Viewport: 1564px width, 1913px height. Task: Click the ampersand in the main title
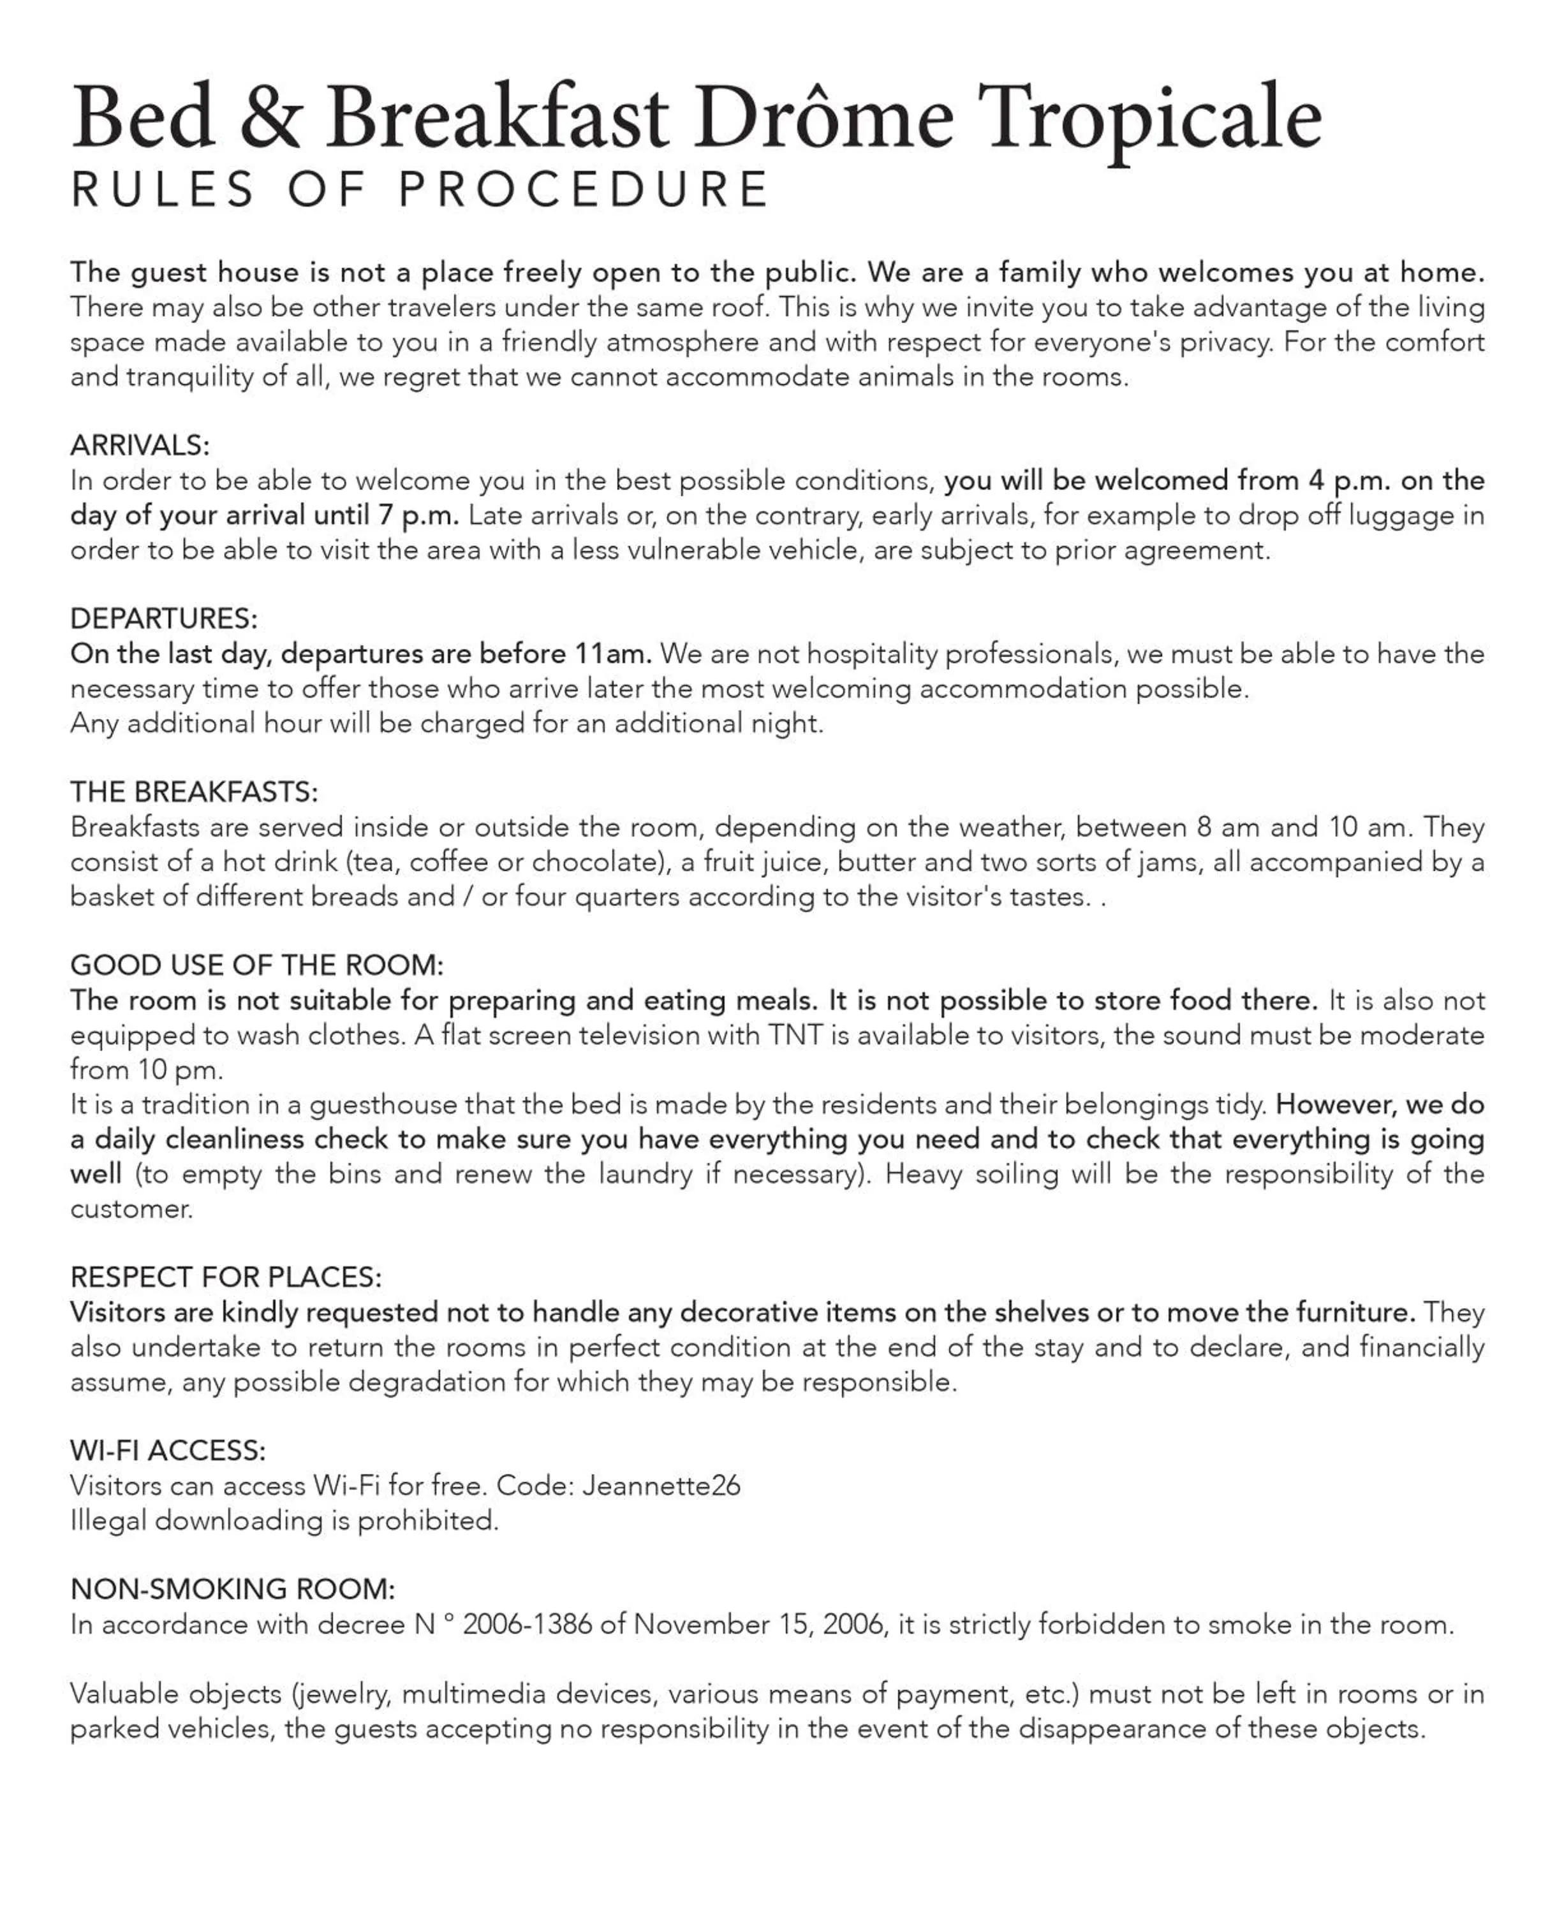tap(270, 118)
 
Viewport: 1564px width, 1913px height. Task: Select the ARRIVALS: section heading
tap(140, 445)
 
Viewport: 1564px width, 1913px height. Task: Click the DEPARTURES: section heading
tap(164, 619)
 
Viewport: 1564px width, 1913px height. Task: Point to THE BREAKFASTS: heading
tap(194, 792)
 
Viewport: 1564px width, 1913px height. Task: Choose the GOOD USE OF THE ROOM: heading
tap(257, 965)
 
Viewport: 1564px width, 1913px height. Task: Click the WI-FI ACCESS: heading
tap(168, 1451)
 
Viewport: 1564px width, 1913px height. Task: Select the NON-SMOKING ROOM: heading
tap(232, 1590)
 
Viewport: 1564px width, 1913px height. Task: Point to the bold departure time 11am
tap(612, 653)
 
